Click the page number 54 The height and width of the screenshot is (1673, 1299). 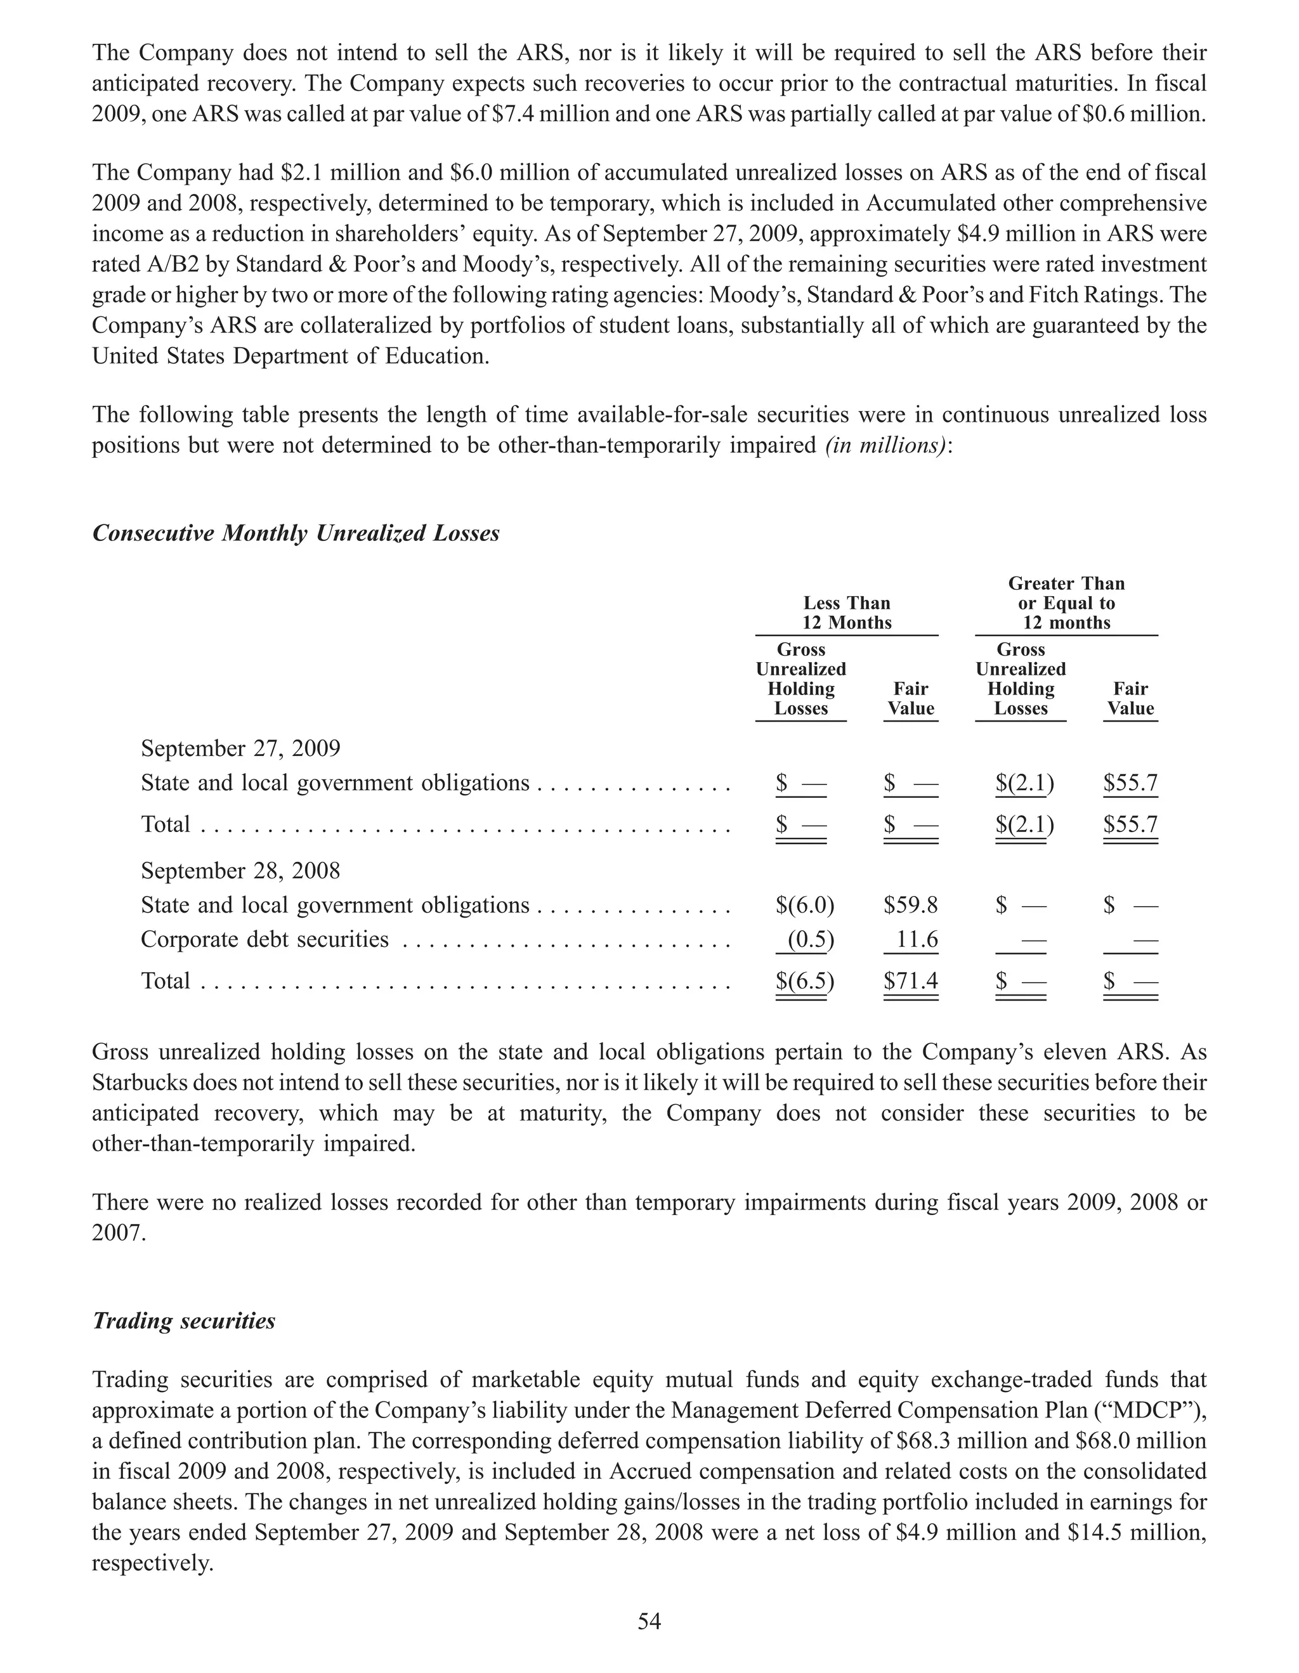pyautogui.click(x=649, y=1621)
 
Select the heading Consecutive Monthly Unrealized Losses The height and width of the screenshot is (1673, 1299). pyautogui.click(x=296, y=533)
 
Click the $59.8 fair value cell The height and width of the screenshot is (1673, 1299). pyautogui.click(x=911, y=906)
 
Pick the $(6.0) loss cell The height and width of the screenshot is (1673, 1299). pyautogui.click(x=804, y=906)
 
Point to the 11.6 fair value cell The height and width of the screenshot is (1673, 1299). pyautogui.click(x=917, y=939)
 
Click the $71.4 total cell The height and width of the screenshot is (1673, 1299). pyautogui.click(x=911, y=981)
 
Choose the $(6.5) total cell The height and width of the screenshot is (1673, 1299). pyautogui.click(x=804, y=981)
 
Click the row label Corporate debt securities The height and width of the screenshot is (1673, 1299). pyautogui.click(x=264, y=939)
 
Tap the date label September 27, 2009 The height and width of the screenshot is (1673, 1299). pyautogui.click(x=240, y=748)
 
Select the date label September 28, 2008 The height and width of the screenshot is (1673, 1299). pyautogui.click(x=240, y=870)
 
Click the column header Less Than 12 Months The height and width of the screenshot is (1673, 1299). pyautogui.click(x=846, y=613)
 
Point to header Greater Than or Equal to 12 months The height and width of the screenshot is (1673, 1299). pyautogui.click(x=1066, y=603)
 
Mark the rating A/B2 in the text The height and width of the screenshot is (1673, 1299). pyautogui.click(x=128, y=264)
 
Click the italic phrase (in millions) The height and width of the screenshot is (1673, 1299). pyautogui.click(x=885, y=445)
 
